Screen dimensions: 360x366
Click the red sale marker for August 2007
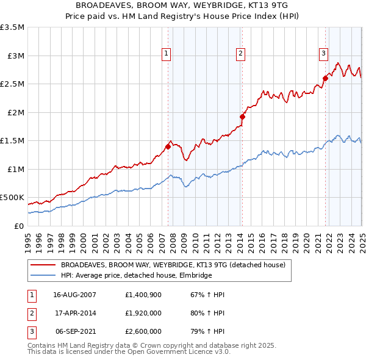(168, 146)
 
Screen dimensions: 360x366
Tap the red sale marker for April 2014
(242, 117)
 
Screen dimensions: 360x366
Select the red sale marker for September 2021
(325, 78)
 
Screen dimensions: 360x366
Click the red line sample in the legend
(43, 265)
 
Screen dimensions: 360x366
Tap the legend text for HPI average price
(136, 276)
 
